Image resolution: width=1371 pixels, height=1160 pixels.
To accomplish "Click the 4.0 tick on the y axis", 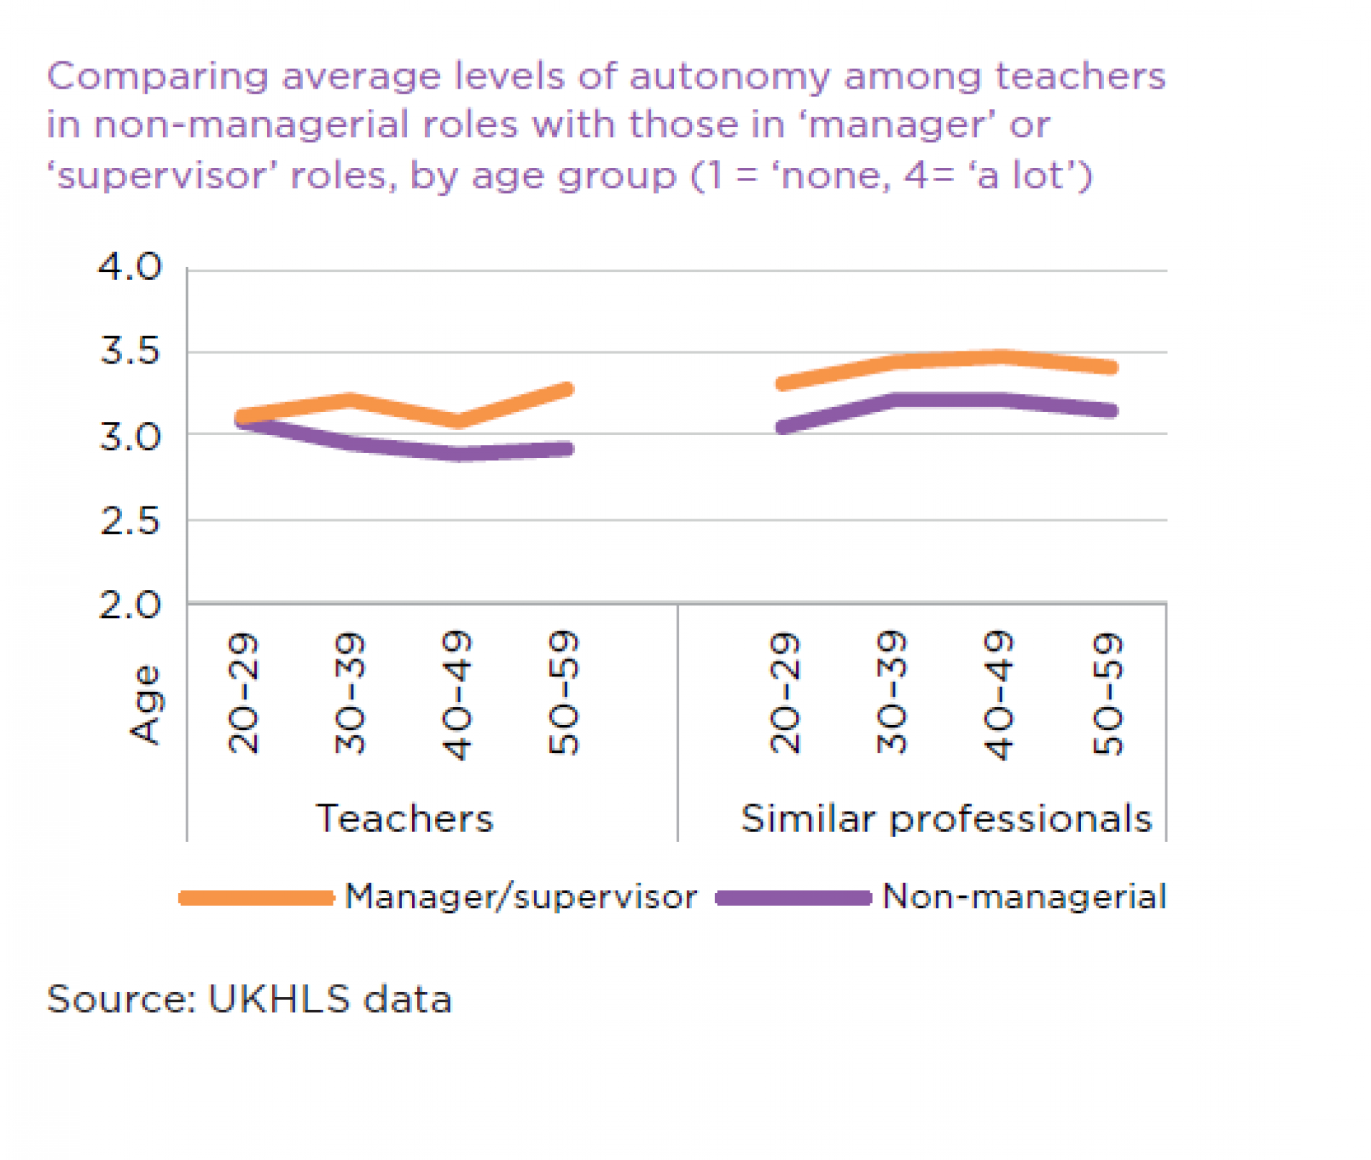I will (130, 267).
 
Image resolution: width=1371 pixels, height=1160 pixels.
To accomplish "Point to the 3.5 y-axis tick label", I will (130, 351).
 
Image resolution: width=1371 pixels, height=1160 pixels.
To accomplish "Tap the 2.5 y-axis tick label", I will (130, 521).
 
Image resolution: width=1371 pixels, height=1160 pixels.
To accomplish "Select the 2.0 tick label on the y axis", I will (130, 606).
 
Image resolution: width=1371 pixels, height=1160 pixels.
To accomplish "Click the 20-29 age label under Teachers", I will (243, 692).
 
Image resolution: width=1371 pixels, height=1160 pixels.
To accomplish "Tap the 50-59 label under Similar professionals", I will (1107, 694).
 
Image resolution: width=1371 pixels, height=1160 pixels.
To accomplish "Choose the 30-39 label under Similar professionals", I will (891, 692).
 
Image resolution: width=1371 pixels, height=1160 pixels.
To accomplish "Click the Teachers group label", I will (404, 819).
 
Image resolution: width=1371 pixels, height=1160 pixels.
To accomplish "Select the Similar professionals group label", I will (946, 819).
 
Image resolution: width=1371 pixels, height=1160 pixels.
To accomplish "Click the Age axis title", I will (146, 705).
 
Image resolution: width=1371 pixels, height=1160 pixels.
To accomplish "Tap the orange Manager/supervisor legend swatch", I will (256, 898).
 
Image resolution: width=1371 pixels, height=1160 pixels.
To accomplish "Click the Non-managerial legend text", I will (1024, 896).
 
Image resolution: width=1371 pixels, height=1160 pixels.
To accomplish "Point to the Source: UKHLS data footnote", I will (249, 999).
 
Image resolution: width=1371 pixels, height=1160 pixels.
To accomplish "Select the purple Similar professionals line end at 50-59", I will (1111, 411).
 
